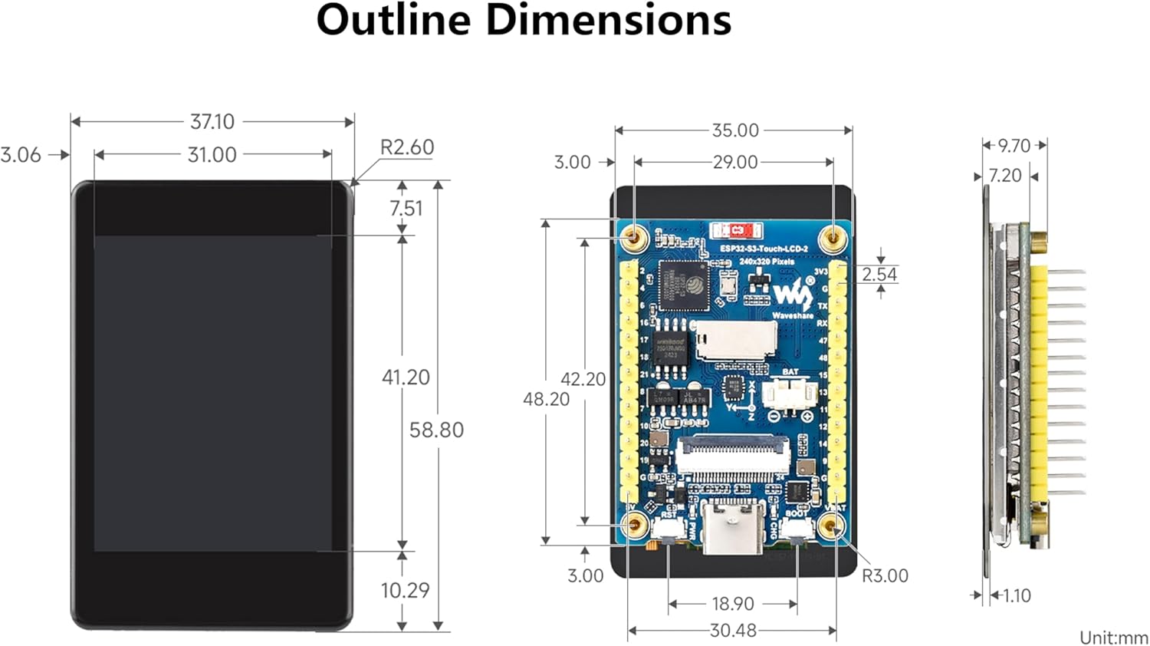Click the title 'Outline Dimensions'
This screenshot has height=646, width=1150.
pyautogui.click(x=524, y=20)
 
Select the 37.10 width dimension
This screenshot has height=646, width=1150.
pyautogui.click(x=212, y=122)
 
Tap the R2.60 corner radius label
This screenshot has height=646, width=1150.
pyautogui.click(x=406, y=147)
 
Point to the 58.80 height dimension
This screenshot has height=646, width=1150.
pyautogui.click(x=436, y=430)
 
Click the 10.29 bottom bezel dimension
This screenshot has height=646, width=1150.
pyautogui.click(x=405, y=590)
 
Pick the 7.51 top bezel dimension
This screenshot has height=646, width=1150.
pyautogui.click(x=406, y=208)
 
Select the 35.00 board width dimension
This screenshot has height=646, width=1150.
pyautogui.click(x=734, y=130)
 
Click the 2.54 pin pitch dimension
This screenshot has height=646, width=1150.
pyautogui.click(x=879, y=275)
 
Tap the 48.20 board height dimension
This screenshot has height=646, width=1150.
pyautogui.click(x=546, y=399)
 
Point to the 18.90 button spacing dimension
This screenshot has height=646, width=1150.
pyautogui.click(x=732, y=604)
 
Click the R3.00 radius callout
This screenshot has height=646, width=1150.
pyautogui.click(x=885, y=575)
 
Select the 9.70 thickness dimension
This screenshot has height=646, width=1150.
pyautogui.click(x=1014, y=146)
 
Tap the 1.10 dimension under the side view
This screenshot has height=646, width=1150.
pyautogui.click(x=1017, y=595)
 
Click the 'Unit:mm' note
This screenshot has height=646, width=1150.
pyautogui.click(x=1113, y=638)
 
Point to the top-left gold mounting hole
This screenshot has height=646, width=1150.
pyautogui.click(x=634, y=238)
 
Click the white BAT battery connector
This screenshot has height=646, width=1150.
pyautogui.click(x=788, y=394)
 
